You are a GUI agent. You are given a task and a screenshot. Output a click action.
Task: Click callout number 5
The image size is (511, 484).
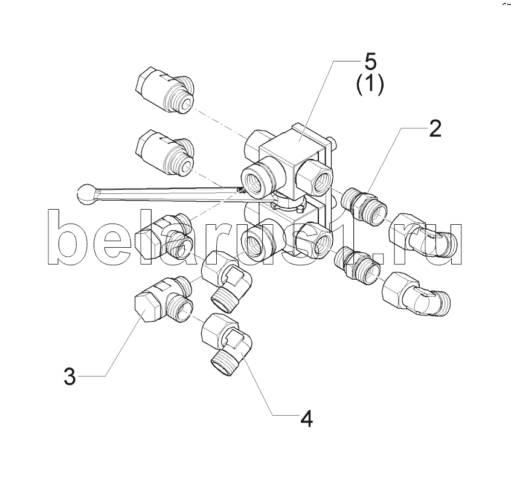pyautogui.click(x=370, y=61)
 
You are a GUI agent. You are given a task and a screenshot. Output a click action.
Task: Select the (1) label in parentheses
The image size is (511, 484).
pyautogui.click(x=370, y=85)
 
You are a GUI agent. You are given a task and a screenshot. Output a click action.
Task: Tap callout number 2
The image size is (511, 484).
pyautogui.click(x=435, y=129)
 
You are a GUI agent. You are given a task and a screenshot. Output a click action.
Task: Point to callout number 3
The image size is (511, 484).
pyautogui.click(x=69, y=377)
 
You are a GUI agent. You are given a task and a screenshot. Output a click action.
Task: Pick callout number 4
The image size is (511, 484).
pyautogui.click(x=306, y=419)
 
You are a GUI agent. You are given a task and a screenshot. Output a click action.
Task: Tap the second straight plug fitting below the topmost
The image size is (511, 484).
pyautogui.click(x=164, y=153)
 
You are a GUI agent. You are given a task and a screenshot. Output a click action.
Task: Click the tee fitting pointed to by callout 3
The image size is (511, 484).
pyautogui.click(x=164, y=300)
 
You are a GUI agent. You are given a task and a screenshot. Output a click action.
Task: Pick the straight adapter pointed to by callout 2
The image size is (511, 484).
pyautogui.click(x=364, y=206)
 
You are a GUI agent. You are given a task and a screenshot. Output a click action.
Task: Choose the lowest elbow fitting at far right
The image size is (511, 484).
pyautogui.click(x=416, y=293)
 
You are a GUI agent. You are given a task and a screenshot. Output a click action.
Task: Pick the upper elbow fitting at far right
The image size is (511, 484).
pyautogui.click(x=423, y=235)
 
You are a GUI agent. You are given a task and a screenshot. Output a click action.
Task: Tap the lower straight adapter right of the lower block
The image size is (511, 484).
pyautogui.click(x=358, y=267)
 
